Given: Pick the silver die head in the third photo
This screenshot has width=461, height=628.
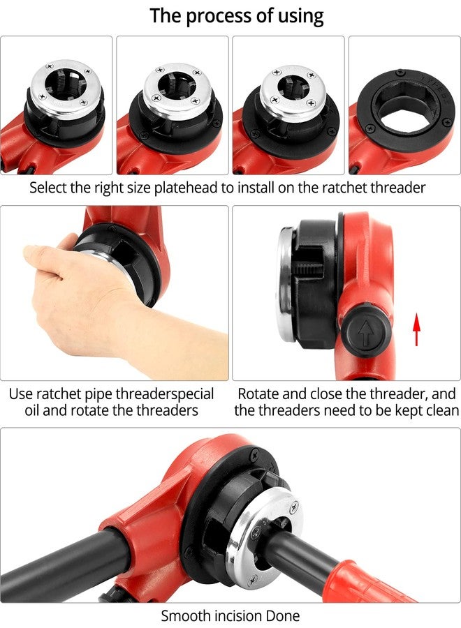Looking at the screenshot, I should click(291, 91).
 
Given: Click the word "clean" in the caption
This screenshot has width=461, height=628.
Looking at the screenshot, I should click(440, 410).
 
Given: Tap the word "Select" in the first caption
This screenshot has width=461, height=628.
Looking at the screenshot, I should click(48, 188).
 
